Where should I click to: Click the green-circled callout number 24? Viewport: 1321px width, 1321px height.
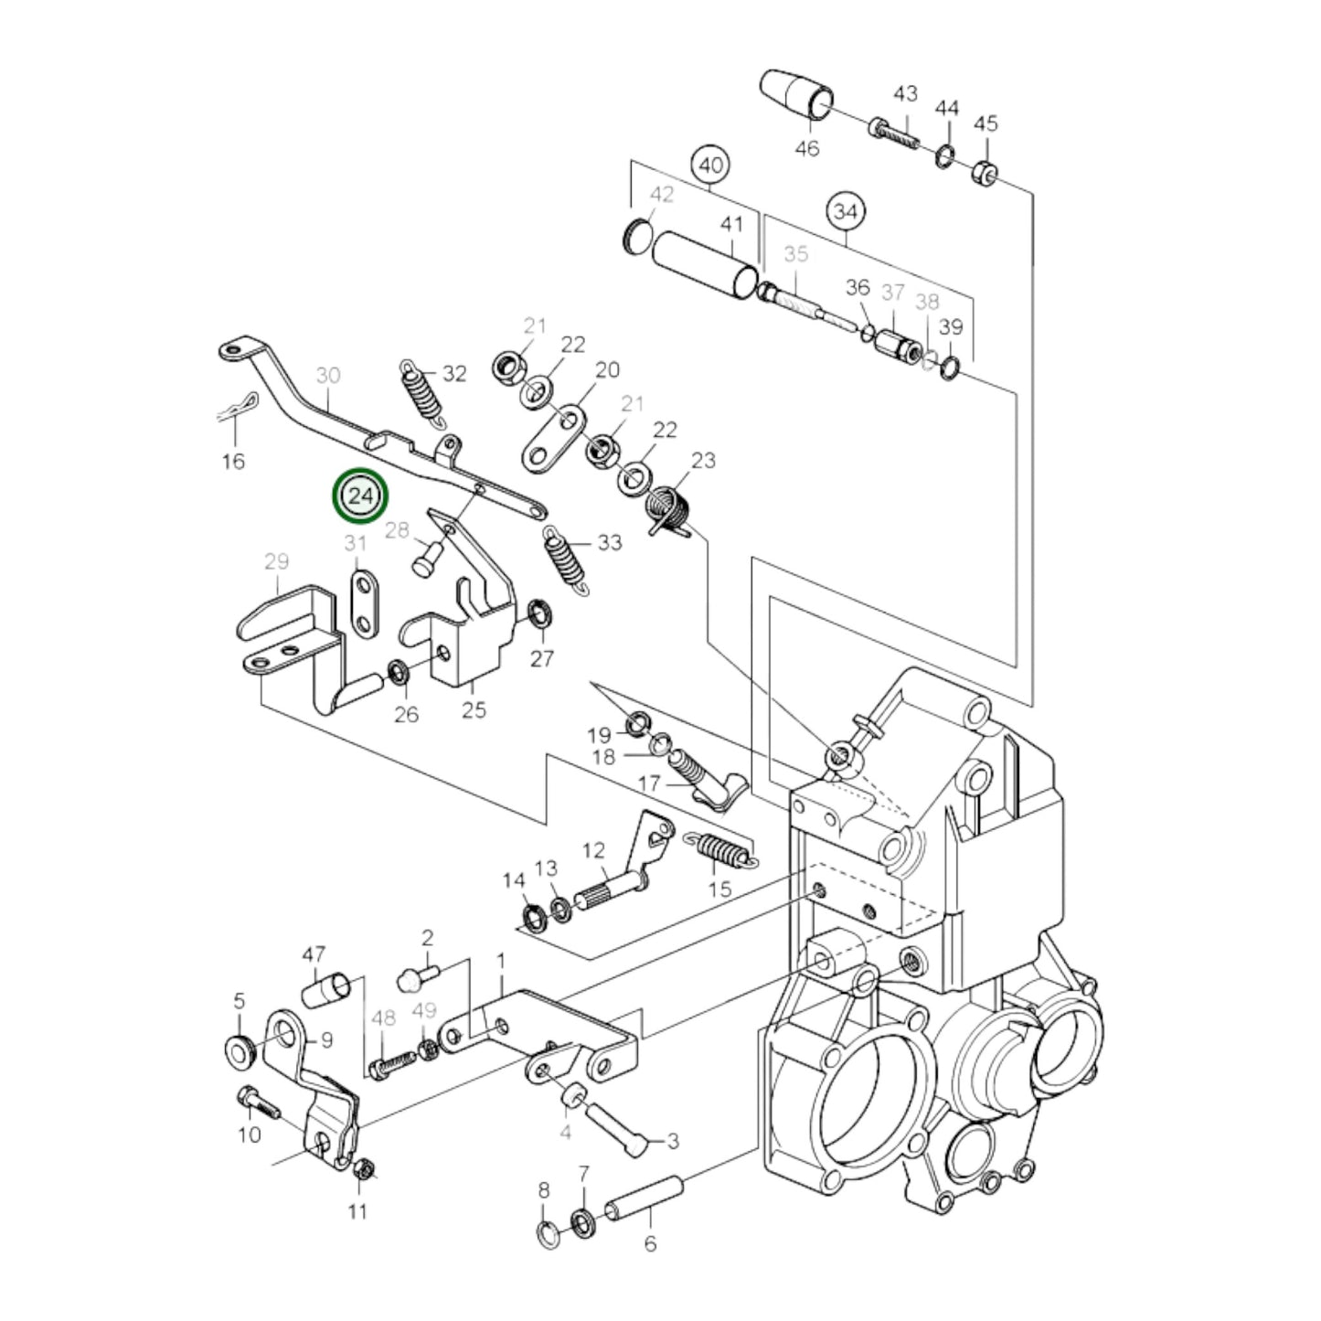pos(361,496)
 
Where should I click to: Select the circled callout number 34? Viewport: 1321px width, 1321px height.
pos(847,212)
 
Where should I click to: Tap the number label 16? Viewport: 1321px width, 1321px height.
pos(233,461)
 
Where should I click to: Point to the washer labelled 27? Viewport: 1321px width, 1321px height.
pos(540,610)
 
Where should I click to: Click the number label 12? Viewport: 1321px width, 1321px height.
pos(593,851)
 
